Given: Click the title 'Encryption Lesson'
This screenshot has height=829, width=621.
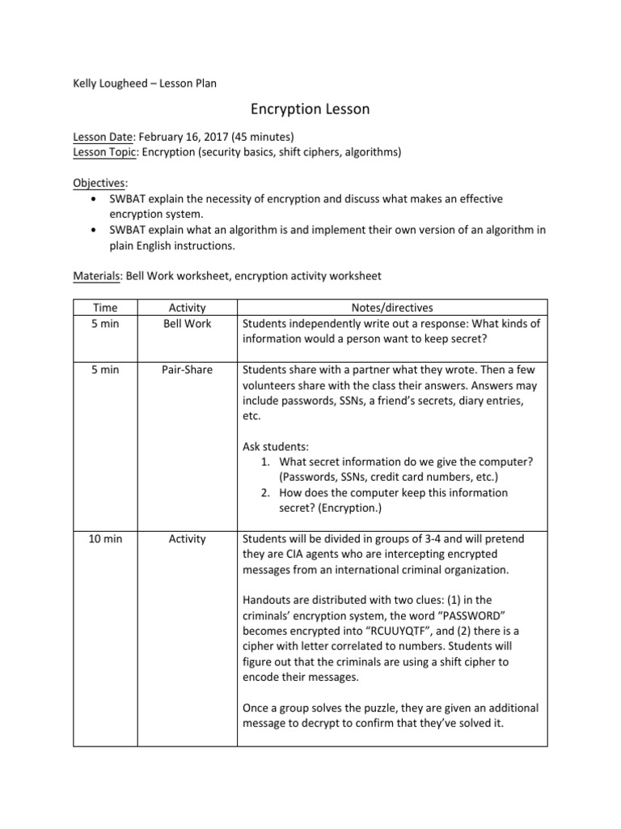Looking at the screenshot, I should pyautogui.click(x=310, y=109).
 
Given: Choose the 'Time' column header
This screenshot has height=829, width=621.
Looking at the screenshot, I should pyautogui.click(x=105, y=308).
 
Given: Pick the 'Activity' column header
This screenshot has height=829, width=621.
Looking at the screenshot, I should pyautogui.click(x=187, y=308).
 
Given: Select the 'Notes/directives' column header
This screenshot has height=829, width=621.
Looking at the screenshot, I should pyautogui.click(x=394, y=308).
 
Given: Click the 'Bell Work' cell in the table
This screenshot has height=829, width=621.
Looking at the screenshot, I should pyautogui.click(x=187, y=323).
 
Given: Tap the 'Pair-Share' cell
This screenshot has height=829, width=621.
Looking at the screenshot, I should pyautogui.click(x=187, y=370).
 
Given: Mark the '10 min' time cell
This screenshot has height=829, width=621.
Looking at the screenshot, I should pyautogui.click(x=105, y=538).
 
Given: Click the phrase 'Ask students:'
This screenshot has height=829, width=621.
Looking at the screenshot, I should pyautogui.click(x=275, y=446).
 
